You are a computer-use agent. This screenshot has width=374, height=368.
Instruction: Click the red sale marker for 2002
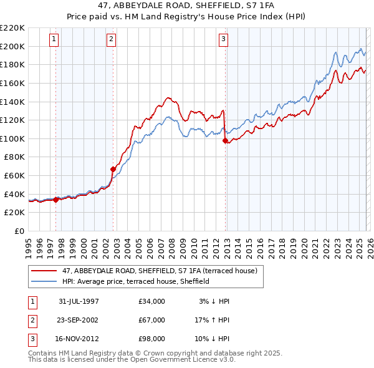click(113, 169)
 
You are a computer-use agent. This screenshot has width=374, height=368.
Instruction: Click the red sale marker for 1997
click(56, 200)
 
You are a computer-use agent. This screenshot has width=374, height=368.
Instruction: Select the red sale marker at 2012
click(225, 140)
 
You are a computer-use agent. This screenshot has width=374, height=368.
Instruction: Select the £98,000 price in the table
click(152, 339)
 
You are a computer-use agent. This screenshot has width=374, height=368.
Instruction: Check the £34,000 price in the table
click(152, 301)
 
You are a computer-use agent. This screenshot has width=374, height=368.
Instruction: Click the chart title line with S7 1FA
click(187, 7)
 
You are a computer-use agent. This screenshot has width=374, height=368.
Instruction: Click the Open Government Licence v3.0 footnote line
click(132, 360)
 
